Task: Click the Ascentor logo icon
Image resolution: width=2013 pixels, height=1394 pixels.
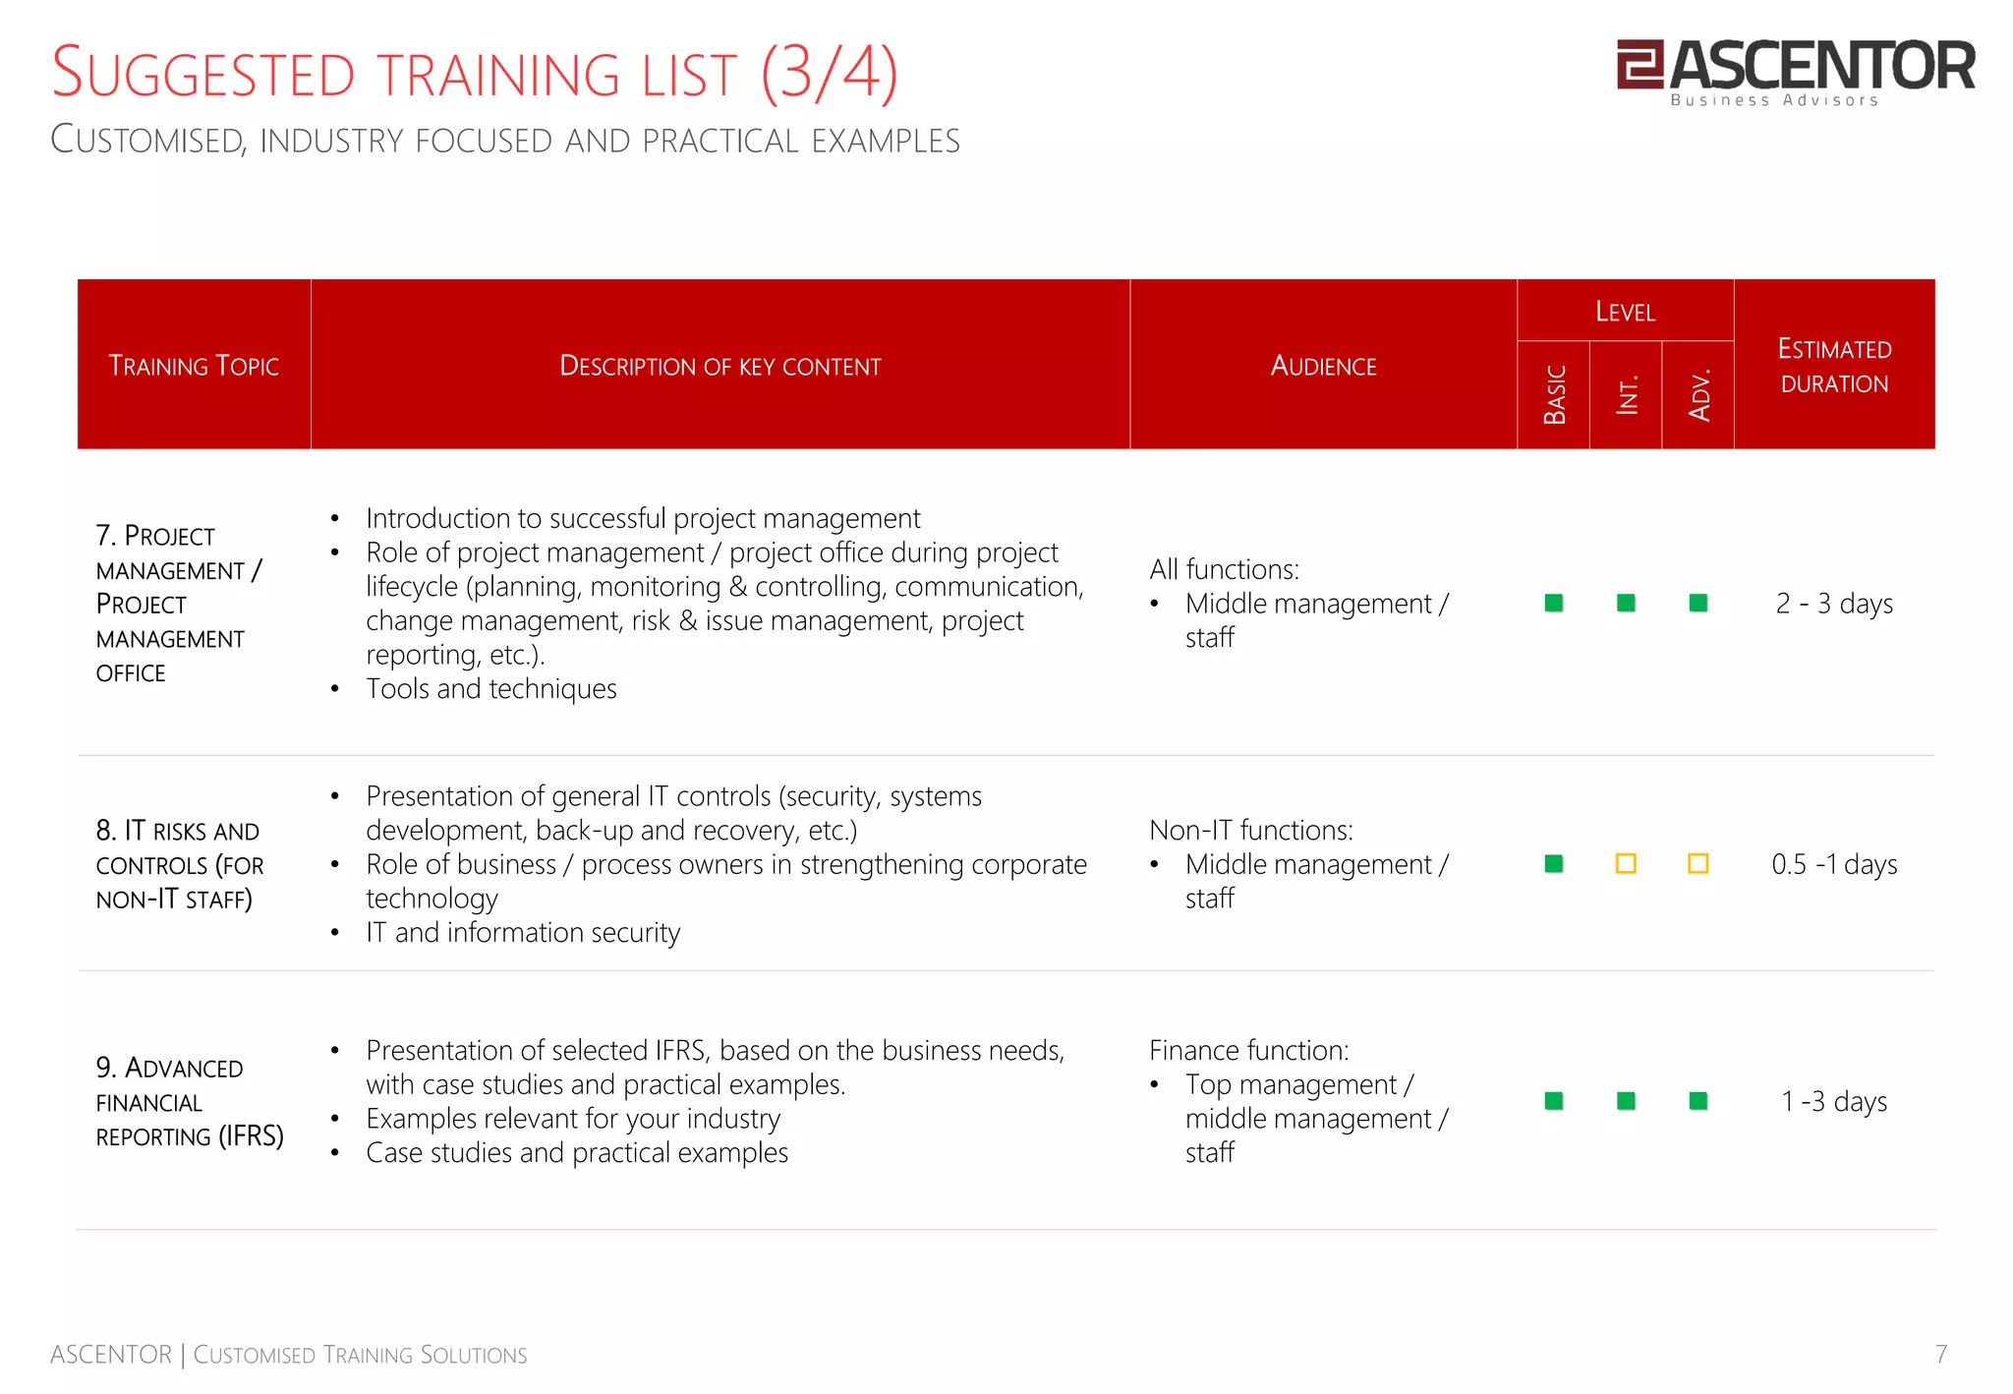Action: coord(1639,64)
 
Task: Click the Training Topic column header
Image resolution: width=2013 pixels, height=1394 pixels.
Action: coord(194,366)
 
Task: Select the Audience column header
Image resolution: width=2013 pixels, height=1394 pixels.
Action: coord(1323,366)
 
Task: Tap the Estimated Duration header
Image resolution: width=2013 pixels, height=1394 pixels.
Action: coord(1834,366)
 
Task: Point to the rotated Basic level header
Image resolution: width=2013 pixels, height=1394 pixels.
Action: coord(1554,394)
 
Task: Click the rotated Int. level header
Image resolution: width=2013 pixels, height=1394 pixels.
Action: coord(1627,394)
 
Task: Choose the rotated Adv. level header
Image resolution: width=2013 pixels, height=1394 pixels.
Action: coord(1698,394)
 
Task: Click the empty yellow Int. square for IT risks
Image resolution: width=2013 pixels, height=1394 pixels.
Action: coord(1626,864)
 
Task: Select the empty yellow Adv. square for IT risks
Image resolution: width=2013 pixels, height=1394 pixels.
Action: coord(1697,864)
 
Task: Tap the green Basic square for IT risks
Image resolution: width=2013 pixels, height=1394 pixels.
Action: coord(1554,864)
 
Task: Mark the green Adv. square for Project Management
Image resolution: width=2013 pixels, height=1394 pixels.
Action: coord(1697,603)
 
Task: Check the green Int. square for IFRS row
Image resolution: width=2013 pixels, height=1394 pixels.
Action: coord(1626,1101)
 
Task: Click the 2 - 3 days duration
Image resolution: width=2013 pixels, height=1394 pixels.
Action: coord(1834,604)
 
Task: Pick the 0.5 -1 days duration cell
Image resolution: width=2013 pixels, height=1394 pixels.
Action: coord(1834,864)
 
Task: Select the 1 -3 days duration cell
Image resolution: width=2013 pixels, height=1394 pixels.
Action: coord(1834,1101)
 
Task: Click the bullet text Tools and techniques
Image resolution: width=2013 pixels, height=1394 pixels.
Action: coord(490,689)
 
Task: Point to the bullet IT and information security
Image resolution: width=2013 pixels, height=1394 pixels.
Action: coord(523,932)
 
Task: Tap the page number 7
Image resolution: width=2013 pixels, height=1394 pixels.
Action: coord(1940,1354)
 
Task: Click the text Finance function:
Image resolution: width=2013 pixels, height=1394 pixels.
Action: coord(1248,1050)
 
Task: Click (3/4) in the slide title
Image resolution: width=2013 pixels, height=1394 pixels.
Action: coord(829,74)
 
